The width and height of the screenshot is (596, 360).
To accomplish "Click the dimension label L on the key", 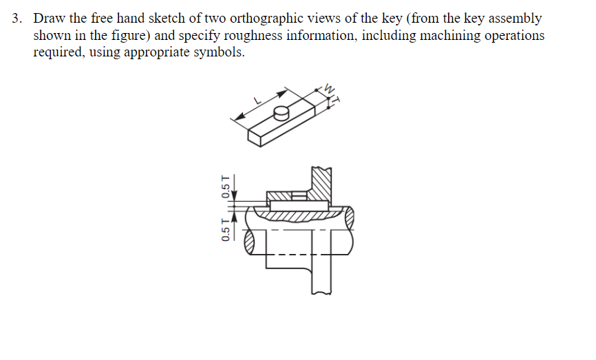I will tap(258, 100).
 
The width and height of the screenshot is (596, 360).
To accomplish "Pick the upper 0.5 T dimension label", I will tap(225, 187).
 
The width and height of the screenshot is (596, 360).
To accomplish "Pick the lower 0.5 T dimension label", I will tap(225, 229).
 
